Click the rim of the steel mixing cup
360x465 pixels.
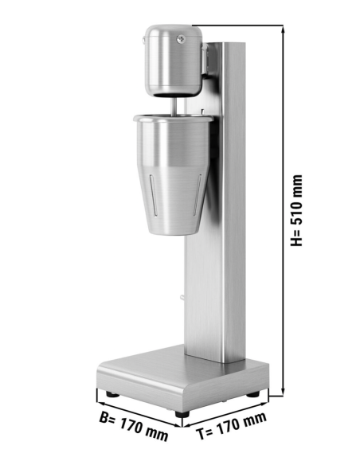tap(174, 119)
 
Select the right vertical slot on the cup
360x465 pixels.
tap(198, 196)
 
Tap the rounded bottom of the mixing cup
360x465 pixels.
tap(176, 231)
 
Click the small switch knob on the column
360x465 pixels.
tap(182, 299)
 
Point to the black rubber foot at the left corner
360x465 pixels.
tap(108, 393)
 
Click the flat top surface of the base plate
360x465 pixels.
tap(159, 362)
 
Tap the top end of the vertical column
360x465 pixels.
tap(233, 45)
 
